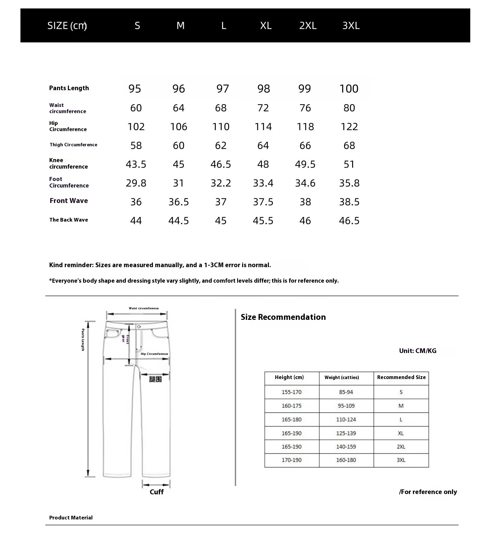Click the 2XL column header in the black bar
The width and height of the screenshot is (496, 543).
pos(308,25)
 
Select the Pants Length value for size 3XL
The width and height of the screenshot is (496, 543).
pos(349,89)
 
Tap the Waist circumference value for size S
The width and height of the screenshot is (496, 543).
pos(136,108)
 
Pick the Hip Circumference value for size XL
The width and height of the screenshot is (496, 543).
pos(263,127)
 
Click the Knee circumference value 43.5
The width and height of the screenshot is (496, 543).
pos(136,164)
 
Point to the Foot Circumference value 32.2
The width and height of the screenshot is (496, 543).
pos(221,183)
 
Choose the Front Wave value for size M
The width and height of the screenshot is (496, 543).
pos(179,202)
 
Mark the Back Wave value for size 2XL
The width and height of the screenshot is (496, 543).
pos(305,221)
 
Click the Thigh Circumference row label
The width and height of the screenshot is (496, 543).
pos(73,145)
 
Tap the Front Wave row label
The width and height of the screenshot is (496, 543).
pos(69,201)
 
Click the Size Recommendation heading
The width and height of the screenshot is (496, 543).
pos(283,317)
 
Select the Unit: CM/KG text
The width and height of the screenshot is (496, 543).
pos(418,351)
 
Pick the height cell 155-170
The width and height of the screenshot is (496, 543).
pos(291,392)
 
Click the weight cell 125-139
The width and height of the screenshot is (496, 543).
pos(346,433)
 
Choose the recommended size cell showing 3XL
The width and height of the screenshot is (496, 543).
pos(401,460)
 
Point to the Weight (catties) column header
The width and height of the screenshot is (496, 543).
pos(342,377)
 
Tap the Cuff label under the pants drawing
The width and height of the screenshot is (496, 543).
pos(157,492)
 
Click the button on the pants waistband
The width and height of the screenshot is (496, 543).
pos(139,327)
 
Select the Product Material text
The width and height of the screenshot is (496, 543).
pos(71,518)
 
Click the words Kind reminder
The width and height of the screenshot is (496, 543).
pos(71,265)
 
